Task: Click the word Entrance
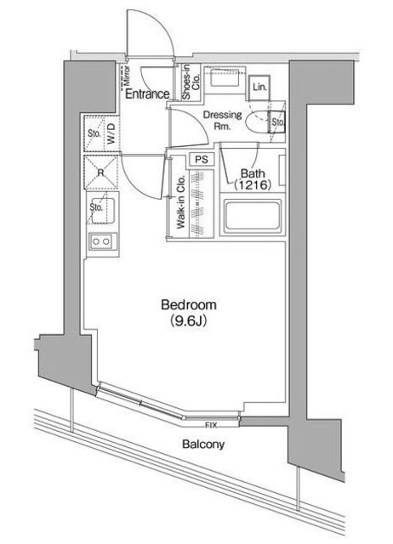pos(148,94)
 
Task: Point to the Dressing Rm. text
pos(222,121)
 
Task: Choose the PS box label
pos(202,159)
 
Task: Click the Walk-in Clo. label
pos(181,201)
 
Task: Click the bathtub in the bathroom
pos(253,218)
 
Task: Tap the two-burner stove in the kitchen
pos(100,241)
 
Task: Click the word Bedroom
pos(189,305)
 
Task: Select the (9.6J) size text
pos(189,321)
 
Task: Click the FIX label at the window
pos(209,423)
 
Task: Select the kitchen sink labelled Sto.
pos(97,207)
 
